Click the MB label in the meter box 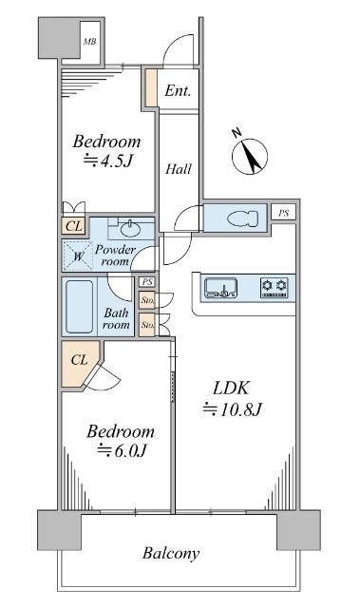tap(90, 42)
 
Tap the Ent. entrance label tap(178, 91)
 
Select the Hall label tap(179, 169)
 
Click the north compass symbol tap(250, 156)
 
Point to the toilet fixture tap(242, 218)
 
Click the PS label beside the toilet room tap(284, 213)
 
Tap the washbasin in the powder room tap(131, 228)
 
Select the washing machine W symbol tap(78, 256)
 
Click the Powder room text tap(115, 256)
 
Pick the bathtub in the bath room tap(80, 307)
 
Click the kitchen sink tap(220, 288)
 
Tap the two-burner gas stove tap(275, 288)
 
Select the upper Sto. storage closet tap(147, 300)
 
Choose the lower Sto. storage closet tap(147, 325)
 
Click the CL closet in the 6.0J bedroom tap(80, 363)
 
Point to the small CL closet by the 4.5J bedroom tap(74, 226)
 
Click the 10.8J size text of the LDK tap(234, 409)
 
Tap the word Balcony tap(171, 553)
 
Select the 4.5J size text tap(109, 161)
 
